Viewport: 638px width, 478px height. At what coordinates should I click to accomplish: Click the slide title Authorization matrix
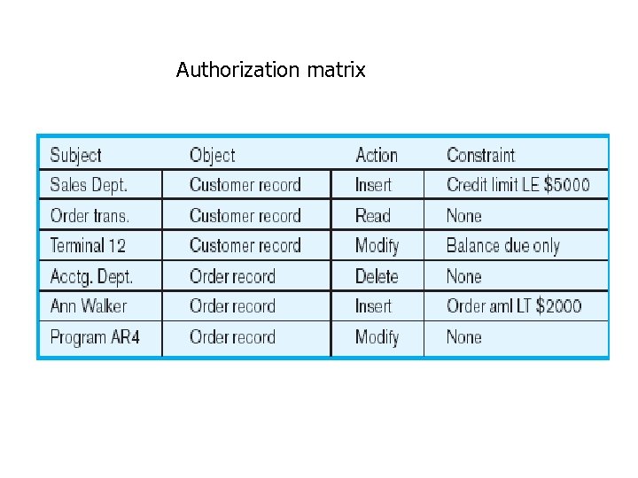coord(270,70)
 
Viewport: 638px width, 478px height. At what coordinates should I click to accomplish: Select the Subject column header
coord(75,155)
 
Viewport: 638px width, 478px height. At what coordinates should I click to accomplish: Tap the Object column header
coord(212,155)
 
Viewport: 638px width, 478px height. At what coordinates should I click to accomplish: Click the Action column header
coord(376,155)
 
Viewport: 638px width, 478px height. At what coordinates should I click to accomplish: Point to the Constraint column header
coord(480,155)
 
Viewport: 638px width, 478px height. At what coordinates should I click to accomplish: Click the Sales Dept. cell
coord(89,185)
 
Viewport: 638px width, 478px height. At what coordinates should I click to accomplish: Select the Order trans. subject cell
coord(89,215)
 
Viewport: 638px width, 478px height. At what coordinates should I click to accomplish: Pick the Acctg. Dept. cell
coord(91,276)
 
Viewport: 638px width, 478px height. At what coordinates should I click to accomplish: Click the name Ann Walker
coord(89,306)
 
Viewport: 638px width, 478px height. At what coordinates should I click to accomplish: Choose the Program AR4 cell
coord(95,337)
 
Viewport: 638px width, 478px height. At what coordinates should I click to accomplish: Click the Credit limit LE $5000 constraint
coord(517,185)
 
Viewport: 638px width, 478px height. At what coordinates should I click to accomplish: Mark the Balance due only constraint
coord(502,245)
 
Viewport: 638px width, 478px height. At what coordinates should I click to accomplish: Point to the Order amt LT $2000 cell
coord(514,306)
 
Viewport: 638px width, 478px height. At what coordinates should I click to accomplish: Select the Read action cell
coord(372,215)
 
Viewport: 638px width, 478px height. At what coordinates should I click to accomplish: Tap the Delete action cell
coord(376,276)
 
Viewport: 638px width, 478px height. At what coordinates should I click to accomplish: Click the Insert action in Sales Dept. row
coord(373,185)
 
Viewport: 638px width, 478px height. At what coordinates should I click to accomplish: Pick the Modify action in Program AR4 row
coord(377,337)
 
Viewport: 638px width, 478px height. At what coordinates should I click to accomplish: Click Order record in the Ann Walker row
coord(232,306)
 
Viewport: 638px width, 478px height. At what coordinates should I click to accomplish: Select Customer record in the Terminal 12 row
coord(245,245)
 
